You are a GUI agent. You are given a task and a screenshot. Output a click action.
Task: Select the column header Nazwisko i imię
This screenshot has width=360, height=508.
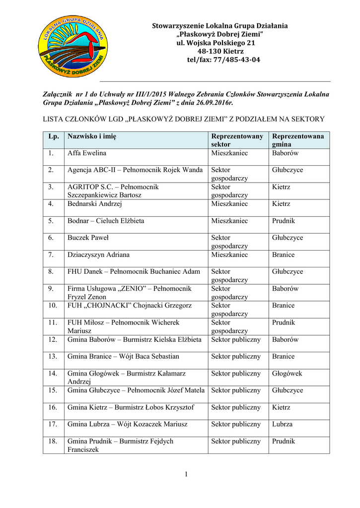(x=92, y=136)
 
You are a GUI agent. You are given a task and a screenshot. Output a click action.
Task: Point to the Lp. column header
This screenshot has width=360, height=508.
(x=54, y=136)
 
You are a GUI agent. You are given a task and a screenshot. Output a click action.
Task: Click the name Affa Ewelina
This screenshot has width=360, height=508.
(x=87, y=153)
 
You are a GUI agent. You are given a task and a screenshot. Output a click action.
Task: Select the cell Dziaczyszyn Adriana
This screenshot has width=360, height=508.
(x=98, y=254)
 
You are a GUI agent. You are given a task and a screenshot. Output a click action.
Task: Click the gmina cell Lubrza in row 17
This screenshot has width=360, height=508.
(x=282, y=424)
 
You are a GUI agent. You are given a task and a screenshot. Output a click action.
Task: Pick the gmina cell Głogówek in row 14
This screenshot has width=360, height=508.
(x=287, y=374)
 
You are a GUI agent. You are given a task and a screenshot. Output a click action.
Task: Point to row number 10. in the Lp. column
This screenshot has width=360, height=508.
(x=53, y=306)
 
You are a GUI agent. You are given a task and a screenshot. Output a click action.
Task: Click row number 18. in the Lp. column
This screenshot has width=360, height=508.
(x=53, y=441)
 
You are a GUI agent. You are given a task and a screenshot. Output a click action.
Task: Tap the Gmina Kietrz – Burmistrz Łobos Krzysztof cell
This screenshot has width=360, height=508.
(x=131, y=407)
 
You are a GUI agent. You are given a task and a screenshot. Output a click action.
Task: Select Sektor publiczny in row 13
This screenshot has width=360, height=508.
(x=236, y=356)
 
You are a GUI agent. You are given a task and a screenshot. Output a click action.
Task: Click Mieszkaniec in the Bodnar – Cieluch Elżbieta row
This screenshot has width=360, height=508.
(x=229, y=221)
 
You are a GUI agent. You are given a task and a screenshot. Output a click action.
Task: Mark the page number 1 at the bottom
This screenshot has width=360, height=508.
(x=186, y=475)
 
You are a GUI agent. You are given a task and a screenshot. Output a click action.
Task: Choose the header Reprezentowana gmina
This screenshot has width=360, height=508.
(x=298, y=140)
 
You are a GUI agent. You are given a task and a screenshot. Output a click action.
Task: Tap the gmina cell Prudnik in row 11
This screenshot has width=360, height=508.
(x=284, y=322)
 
